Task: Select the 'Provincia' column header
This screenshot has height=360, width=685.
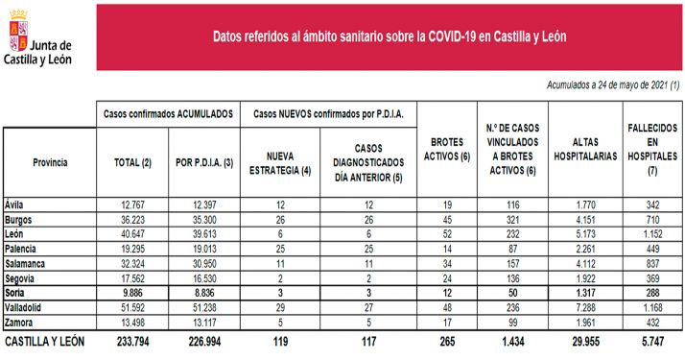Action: pos(50,162)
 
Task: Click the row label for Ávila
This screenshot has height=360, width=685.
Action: pos(16,204)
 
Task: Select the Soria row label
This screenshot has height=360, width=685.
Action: pos(17,291)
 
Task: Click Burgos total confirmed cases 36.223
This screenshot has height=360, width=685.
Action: pos(131,219)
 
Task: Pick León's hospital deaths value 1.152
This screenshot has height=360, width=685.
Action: pos(652,233)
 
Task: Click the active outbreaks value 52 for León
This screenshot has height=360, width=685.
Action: pos(444,233)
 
